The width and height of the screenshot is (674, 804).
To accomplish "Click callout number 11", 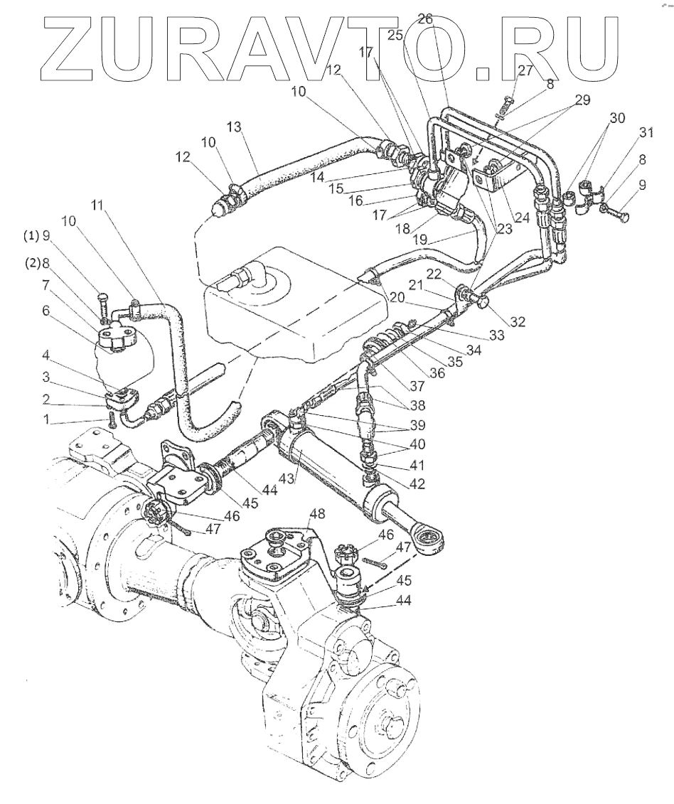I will coord(97,205).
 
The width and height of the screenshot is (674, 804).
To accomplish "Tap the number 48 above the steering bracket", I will coord(316,513).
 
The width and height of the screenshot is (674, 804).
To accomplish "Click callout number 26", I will coord(424,20).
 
